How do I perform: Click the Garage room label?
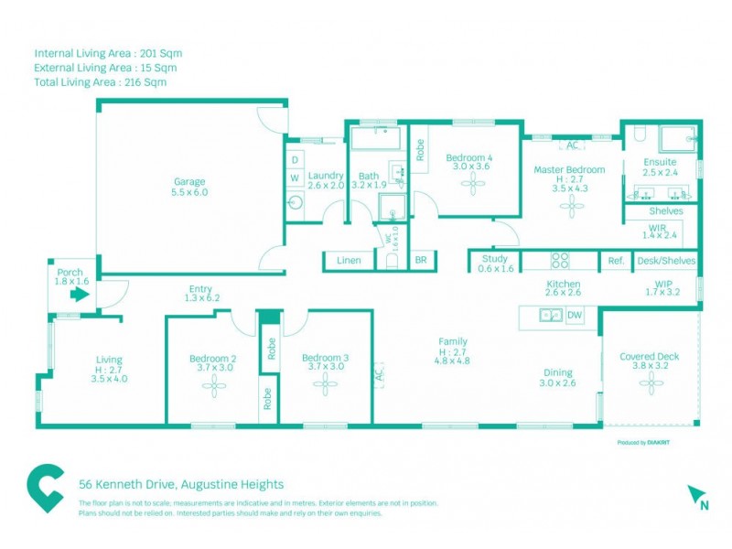pyautogui.click(x=189, y=181)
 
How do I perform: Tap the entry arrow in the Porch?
pyautogui.click(x=79, y=296)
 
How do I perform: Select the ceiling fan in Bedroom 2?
pyautogui.click(x=214, y=387)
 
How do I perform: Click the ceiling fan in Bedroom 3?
pyautogui.click(x=326, y=387)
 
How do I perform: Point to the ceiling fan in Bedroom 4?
pyautogui.click(x=473, y=186)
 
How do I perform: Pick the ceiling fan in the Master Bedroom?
pyautogui.click(x=573, y=207)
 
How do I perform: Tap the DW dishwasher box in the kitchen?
pyautogui.click(x=575, y=316)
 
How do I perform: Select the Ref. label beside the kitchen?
pyautogui.click(x=616, y=261)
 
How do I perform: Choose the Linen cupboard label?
pyautogui.click(x=349, y=261)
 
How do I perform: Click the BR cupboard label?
pyautogui.click(x=421, y=261)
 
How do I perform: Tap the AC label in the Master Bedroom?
pyautogui.click(x=573, y=145)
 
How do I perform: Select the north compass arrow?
pyautogui.click(x=696, y=496)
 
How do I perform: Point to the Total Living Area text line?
pyautogui.click(x=101, y=82)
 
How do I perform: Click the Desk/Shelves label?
pyautogui.click(x=666, y=261)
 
